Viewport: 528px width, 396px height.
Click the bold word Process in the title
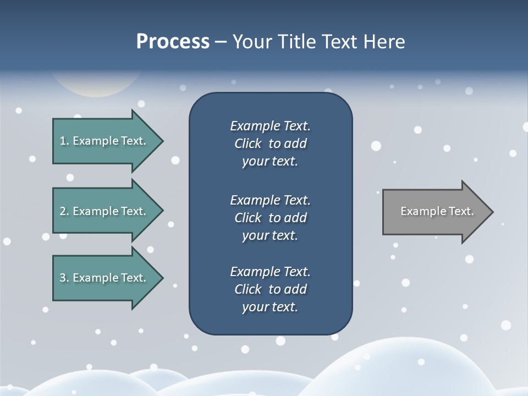[x=173, y=42]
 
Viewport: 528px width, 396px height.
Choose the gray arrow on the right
[x=435, y=212]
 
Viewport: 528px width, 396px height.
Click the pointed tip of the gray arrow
[x=491, y=212]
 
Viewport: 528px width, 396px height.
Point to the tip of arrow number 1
[x=162, y=141]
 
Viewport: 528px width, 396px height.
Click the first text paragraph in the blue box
[x=270, y=144]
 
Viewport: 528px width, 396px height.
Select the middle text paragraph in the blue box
[x=270, y=217]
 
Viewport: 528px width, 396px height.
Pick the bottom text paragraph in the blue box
[x=270, y=289]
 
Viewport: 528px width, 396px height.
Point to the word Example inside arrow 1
[x=95, y=141]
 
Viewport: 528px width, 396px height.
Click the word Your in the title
[x=251, y=42]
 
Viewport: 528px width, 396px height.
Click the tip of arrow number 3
[x=162, y=278]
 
